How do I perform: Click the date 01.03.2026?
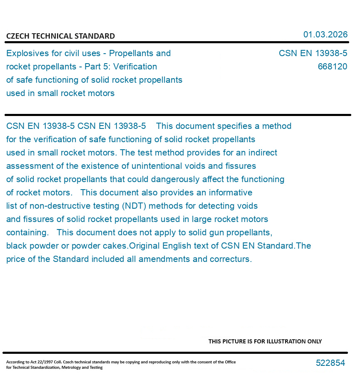pyautogui.click(x=325, y=35)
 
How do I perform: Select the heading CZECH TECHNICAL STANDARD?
pyautogui.click(x=60, y=36)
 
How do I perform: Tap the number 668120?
pyautogui.click(x=332, y=67)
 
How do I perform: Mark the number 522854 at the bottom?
pyautogui.click(x=330, y=363)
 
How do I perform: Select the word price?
pyautogui.click(x=17, y=259)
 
